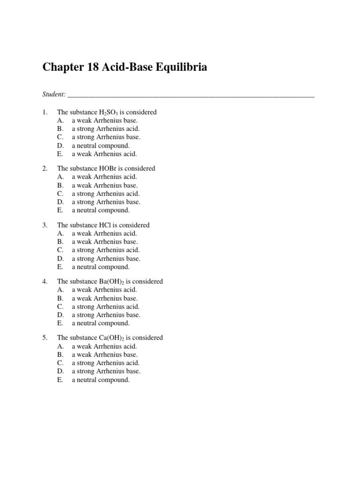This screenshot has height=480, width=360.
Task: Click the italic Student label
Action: coord(53,94)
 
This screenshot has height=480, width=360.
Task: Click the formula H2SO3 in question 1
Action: coord(108,112)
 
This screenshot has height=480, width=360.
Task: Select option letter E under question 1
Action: coord(60,154)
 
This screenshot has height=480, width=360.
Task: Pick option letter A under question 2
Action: coord(60,177)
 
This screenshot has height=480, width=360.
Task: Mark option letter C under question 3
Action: coord(60,250)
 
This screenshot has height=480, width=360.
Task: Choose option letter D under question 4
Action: coord(60,315)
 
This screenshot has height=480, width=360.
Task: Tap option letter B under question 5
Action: coord(60,354)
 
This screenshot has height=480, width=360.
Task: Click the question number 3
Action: coord(45,225)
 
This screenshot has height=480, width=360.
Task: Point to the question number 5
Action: coord(45,337)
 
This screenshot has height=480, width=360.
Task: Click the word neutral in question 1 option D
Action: coord(86,145)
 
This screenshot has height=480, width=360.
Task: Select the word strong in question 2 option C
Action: coord(85,194)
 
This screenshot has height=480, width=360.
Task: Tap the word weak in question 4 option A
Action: coord(84,290)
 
